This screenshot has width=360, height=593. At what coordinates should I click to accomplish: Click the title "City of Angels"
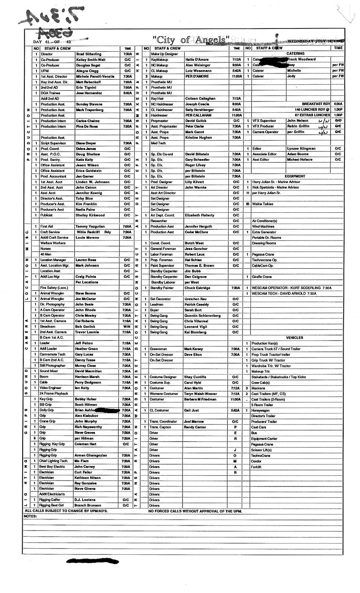click(191, 41)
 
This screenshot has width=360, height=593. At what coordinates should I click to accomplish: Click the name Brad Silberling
click(89, 54)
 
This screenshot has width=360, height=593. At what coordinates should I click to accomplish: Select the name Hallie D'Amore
click(197, 60)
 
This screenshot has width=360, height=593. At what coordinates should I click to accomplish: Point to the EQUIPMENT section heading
click(295, 176)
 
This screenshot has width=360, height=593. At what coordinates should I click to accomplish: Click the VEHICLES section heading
click(295, 338)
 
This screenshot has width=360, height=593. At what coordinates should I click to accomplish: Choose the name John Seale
click(84, 304)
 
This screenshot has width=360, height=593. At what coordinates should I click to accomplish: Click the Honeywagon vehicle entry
click(261, 410)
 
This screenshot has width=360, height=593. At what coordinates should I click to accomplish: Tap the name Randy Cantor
click(196, 427)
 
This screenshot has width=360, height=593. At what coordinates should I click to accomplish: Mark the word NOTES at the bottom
click(31, 516)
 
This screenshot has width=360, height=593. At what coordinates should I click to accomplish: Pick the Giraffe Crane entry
click(261, 277)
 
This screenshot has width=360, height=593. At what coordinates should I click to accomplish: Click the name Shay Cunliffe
click(196, 377)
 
